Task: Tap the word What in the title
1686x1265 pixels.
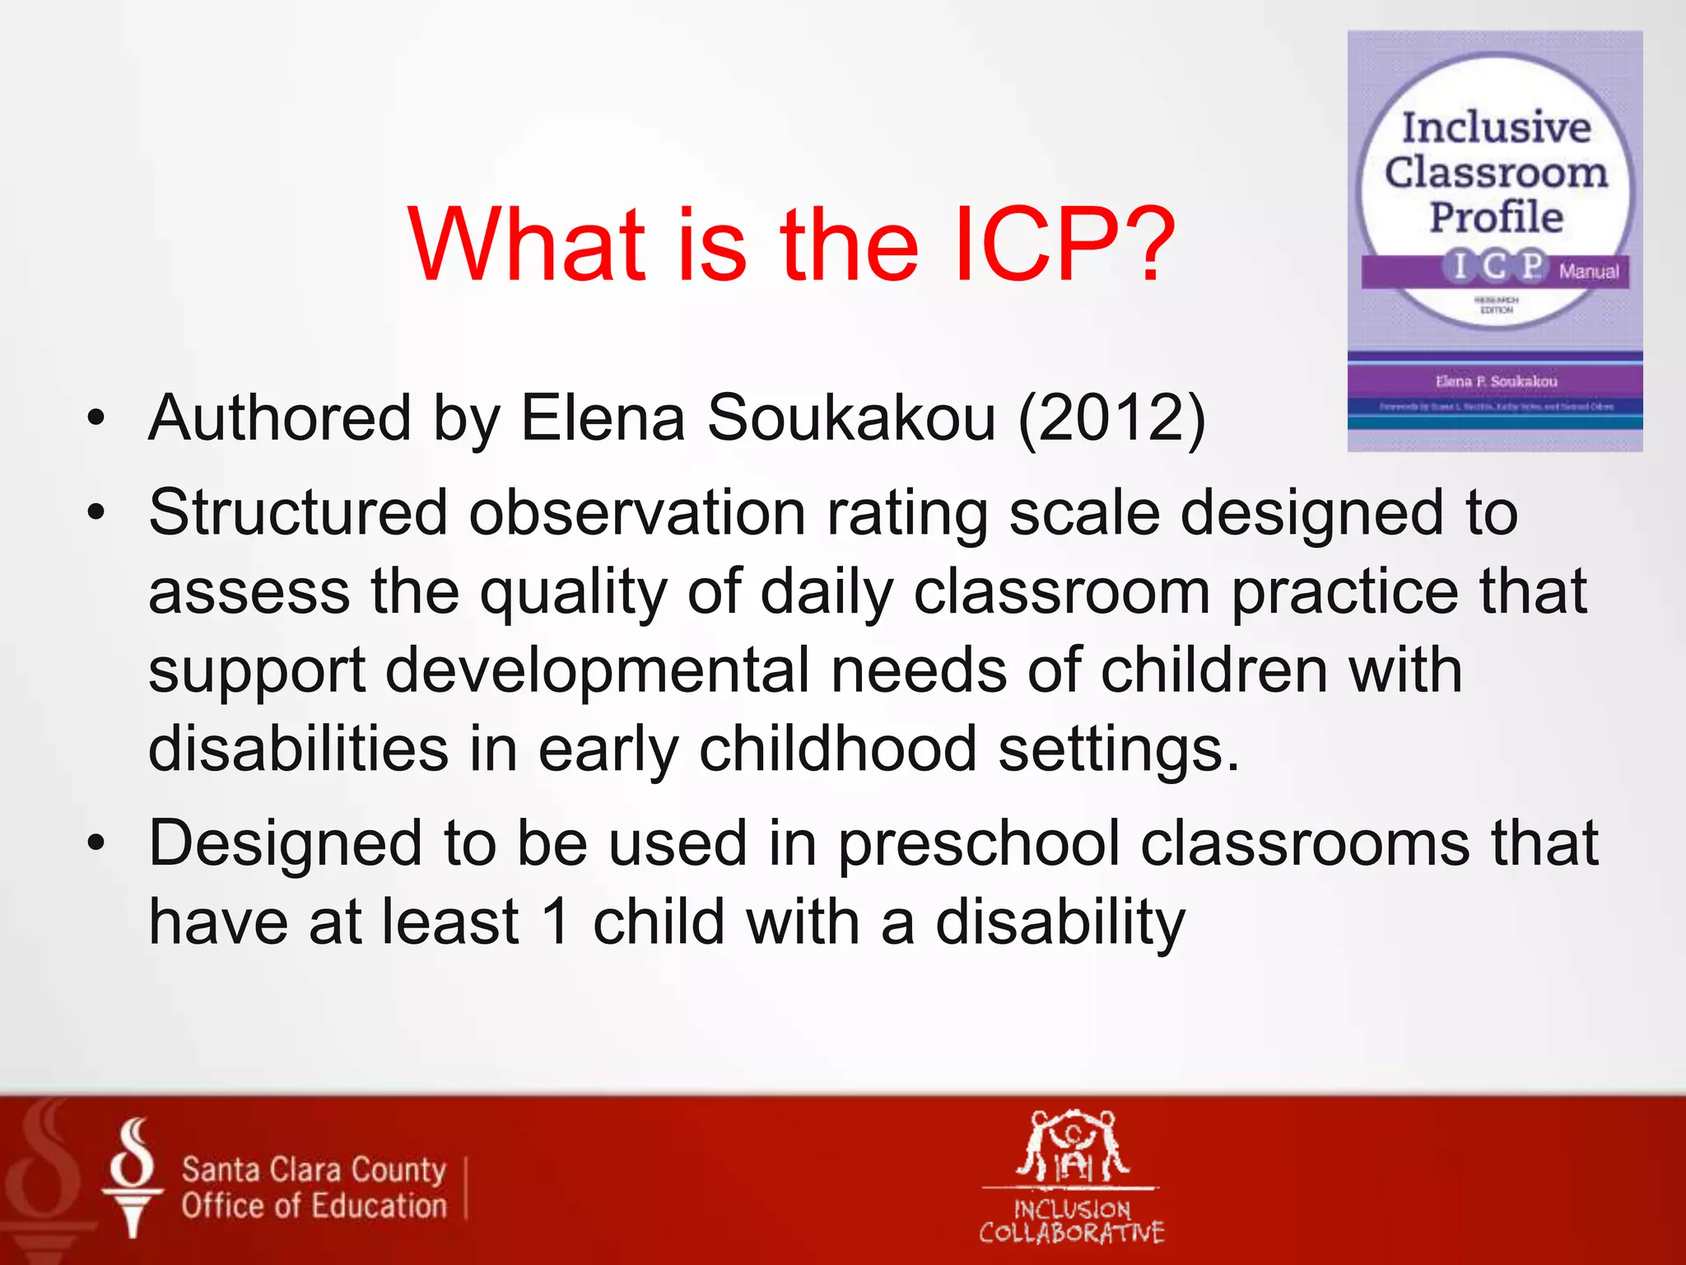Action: pos(527,245)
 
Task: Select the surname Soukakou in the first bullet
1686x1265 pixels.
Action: pos(851,418)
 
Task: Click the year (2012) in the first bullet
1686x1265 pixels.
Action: pos(1112,418)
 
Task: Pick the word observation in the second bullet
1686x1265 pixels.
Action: pos(637,513)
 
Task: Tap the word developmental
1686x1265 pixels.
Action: pos(598,670)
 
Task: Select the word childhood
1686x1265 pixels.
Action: pos(837,749)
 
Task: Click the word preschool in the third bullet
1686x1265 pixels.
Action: pos(980,843)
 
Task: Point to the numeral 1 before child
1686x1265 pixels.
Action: pos(557,922)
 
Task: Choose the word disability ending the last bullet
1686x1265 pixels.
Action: pos(1060,923)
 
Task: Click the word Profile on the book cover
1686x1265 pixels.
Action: pos(1496,217)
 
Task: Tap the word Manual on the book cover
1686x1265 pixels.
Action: pos(1588,271)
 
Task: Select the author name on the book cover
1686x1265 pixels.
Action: pos(1496,381)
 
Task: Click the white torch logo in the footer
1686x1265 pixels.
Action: pos(132,1178)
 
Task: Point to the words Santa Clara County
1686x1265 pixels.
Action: pos(314,1169)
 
